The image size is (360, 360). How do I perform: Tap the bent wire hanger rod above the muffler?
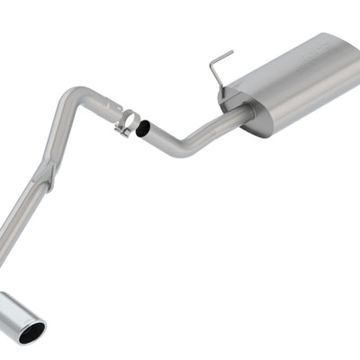point(217,68)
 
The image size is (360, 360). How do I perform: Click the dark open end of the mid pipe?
point(143,130)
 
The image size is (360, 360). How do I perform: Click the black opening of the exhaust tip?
point(32,333)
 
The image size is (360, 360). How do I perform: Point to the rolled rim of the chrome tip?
point(40,327)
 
